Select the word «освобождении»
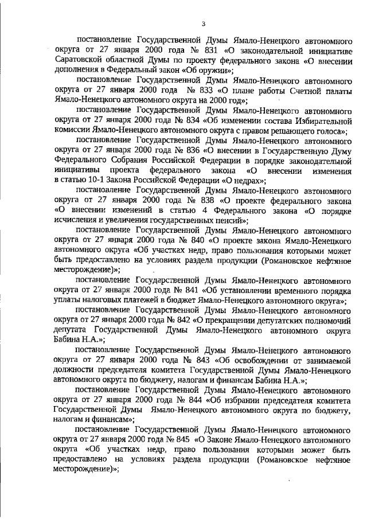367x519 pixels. [251, 360]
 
